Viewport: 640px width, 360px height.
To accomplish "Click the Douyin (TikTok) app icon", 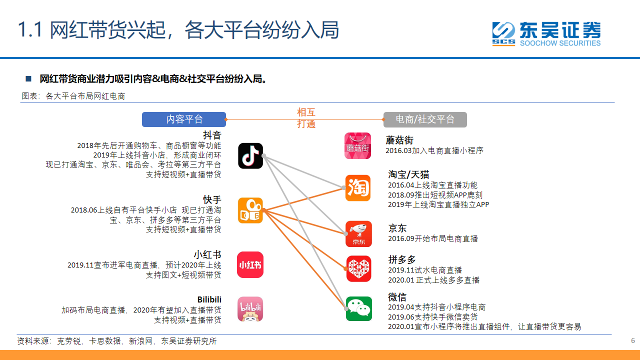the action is tap(250, 155).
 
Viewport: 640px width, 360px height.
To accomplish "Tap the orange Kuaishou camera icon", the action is tap(250, 210).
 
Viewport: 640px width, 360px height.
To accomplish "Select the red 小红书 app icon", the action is tap(250, 265).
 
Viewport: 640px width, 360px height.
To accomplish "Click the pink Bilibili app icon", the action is tap(250, 309).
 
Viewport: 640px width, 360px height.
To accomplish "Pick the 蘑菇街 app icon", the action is tap(357, 145).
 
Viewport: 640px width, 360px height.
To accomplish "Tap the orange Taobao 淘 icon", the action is tap(358, 187).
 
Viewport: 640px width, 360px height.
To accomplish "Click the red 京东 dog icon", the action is tap(358, 233).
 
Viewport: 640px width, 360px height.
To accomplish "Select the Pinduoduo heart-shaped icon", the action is tap(359, 269).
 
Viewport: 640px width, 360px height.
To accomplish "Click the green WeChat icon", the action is tap(359, 308).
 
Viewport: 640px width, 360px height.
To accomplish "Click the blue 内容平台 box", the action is tap(184, 119).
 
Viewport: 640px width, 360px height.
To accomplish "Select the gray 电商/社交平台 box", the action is tap(425, 119).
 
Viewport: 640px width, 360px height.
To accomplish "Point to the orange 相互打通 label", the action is tap(306, 118).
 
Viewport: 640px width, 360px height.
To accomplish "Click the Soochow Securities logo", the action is tap(546, 33).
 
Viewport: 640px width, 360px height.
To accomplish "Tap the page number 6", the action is tap(633, 340).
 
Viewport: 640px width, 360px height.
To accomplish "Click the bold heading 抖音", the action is tap(212, 135).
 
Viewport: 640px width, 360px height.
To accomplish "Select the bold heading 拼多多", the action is tap(402, 259).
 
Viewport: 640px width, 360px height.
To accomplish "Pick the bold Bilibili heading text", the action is tap(209, 299).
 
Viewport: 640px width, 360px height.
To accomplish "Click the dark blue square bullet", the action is tap(28, 78).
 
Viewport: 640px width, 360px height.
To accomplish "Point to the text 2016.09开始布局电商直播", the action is tap(433, 238).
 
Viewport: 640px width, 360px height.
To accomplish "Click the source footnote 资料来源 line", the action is tap(117, 341).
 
